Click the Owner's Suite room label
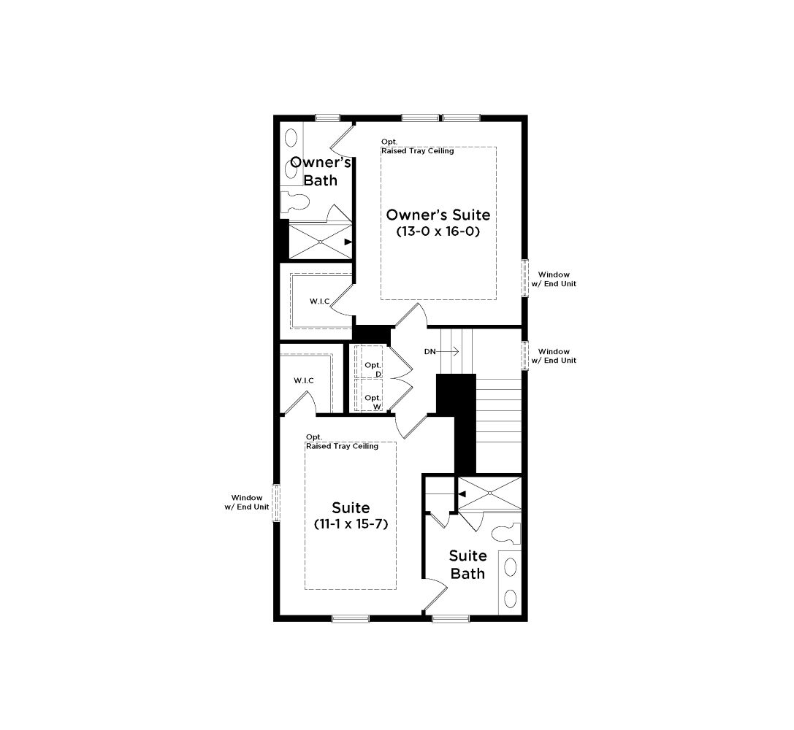click(x=438, y=215)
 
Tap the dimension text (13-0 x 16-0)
click(x=438, y=231)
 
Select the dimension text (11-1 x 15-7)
click(x=351, y=524)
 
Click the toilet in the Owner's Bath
click(x=294, y=201)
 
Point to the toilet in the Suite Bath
click(x=506, y=534)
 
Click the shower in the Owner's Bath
click(x=320, y=241)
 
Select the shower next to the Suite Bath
click(x=489, y=493)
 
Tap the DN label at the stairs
click(x=430, y=352)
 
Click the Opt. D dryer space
click(x=370, y=361)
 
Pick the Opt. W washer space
click(x=370, y=395)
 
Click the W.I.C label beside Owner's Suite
click(x=319, y=301)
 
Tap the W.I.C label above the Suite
click(x=304, y=381)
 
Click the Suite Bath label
click(x=468, y=564)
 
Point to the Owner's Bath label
click(x=321, y=172)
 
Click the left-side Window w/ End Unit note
click(x=247, y=502)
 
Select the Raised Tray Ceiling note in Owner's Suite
click(x=418, y=151)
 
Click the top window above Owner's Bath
click(x=328, y=118)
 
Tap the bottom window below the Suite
click(x=351, y=618)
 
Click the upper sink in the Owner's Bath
click(x=291, y=137)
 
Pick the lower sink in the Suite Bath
click(x=511, y=599)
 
